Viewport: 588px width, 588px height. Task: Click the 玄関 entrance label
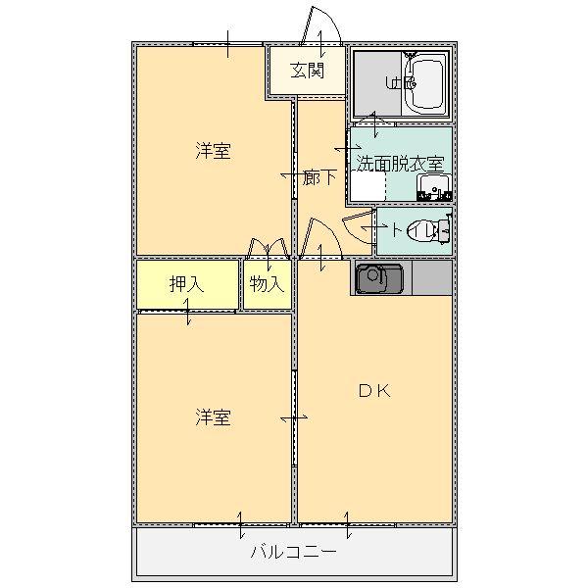pyautogui.click(x=307, y=70)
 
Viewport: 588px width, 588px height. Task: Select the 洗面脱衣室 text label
pyautogui.click(x=399, y=163)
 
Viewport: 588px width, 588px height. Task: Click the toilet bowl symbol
pyautogui.click(x=438, y=230)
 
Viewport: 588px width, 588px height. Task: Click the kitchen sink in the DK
pyautogui.click(x=377, y=280)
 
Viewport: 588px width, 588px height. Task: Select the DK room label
pyautogui.click(x=373, y=391)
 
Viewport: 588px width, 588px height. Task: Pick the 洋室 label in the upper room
pyautogui.click(x=213, y=151)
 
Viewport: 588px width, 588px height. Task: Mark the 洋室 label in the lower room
pyautogui.click(x=213, y=417)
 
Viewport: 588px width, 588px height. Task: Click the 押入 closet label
pyautogui.click(x=186, y=284)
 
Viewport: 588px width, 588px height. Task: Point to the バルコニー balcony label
pyautogui.click(x=293, y=552)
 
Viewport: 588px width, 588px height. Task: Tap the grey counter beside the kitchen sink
pyautogui.click(x=431, y=278)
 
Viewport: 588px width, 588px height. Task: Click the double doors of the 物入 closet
pyautogui.click(x=268, y=249)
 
